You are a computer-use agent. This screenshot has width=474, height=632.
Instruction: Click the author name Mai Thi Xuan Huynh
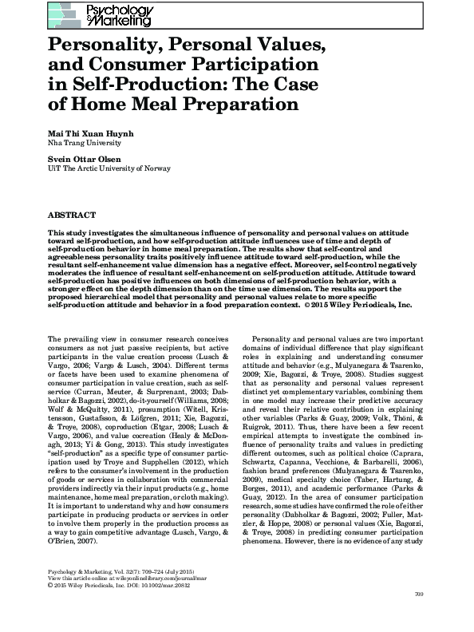[x=89, y=132]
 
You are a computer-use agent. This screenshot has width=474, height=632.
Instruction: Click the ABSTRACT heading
[x=72, y=215]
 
